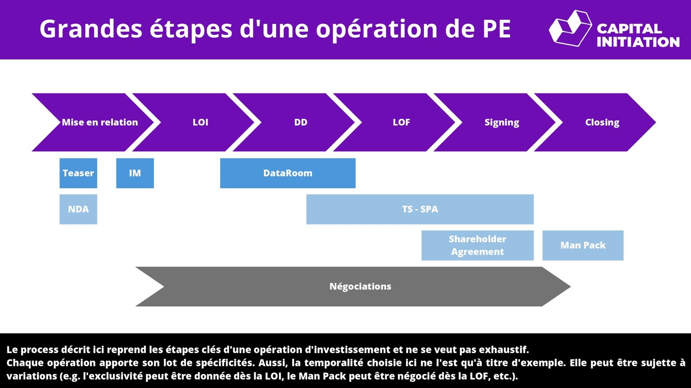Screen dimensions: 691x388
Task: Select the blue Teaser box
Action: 78,173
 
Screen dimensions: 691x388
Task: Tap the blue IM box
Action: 135,173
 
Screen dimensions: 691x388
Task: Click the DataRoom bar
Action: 288,173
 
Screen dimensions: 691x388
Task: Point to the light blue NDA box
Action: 78,209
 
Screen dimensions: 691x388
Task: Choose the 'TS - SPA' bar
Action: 420,209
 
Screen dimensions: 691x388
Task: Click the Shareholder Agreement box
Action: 478,245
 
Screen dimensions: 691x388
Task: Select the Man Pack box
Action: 583,245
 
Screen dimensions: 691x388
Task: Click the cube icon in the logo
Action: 570,28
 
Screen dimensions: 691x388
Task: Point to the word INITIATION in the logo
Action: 638,42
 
